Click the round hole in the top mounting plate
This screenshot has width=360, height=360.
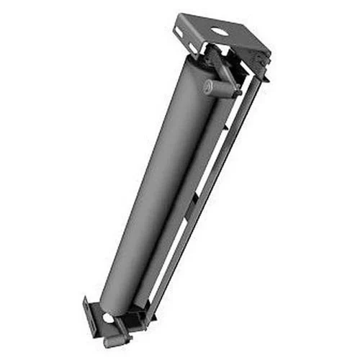tap(216, 31)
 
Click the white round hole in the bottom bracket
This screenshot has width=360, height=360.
tap(107, 318)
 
